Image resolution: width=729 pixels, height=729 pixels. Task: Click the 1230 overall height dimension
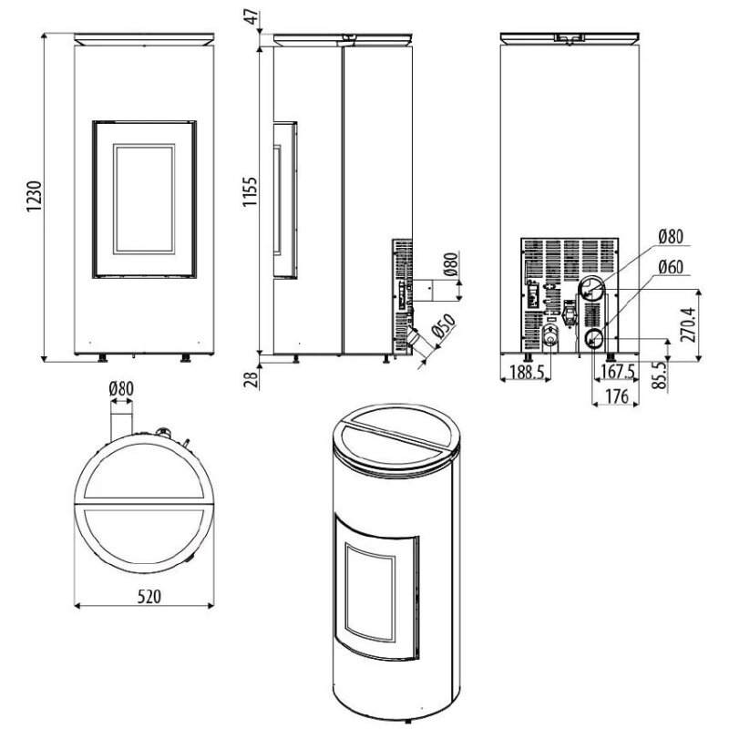(33, 197)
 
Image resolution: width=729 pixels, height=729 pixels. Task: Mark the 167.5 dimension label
(618, 372)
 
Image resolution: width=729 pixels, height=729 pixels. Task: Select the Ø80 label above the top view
(121, 389)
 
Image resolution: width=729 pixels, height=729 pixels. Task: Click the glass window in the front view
(143, 197)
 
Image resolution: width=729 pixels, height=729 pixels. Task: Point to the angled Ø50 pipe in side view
(416, 339)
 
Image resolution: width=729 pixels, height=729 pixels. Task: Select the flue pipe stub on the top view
(122, 423)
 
